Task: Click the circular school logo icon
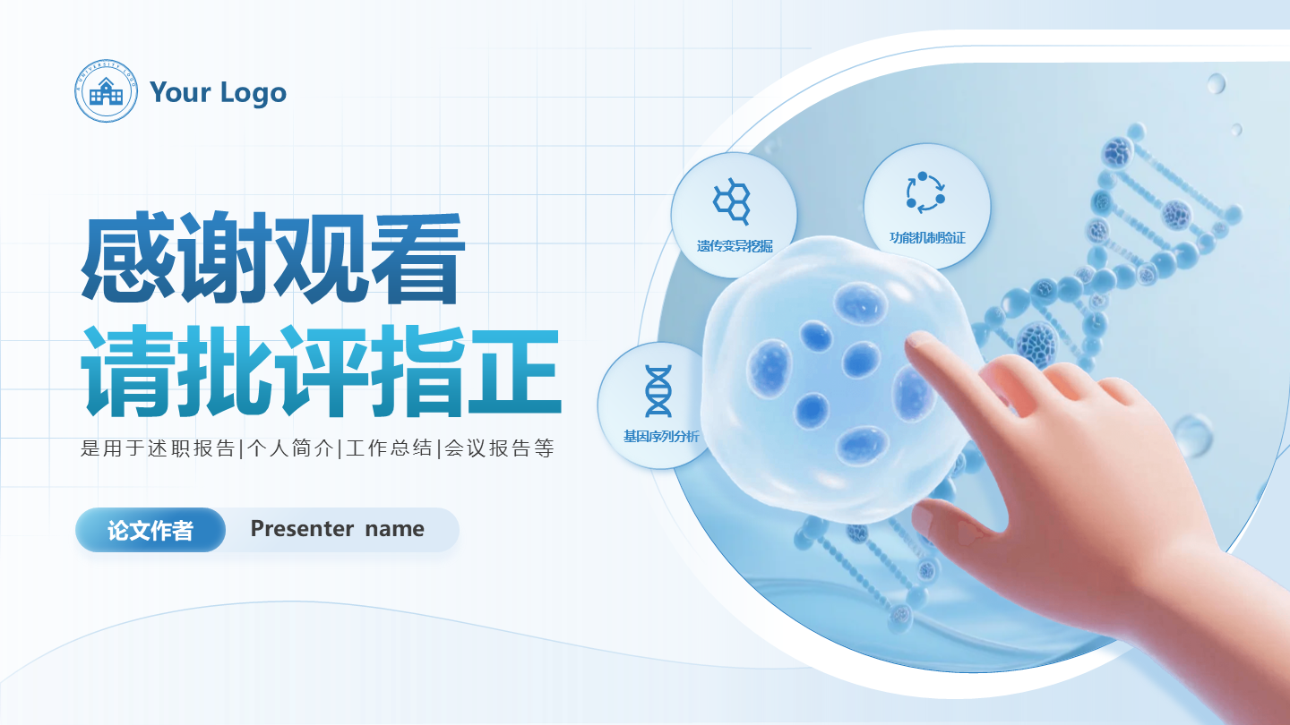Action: [107, 91]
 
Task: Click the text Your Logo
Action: [218, 92]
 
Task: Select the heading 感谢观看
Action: [273, 259]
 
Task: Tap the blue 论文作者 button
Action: [150, 530]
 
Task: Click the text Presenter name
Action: [337, 529]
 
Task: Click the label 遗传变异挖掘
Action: [735, 245]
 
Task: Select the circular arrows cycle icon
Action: [925, 192]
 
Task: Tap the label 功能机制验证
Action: [927, 238]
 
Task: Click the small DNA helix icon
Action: [658, 391]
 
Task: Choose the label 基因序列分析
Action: [661, 437]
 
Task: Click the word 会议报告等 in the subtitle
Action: [499, 448]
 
